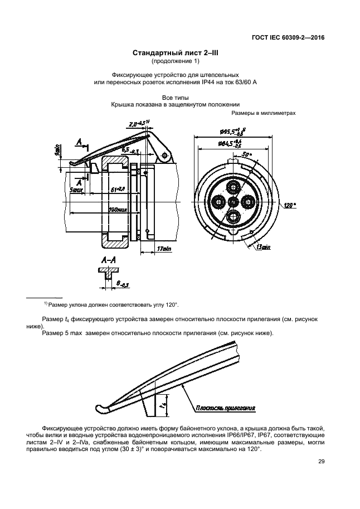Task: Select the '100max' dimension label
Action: (x=118, y=210)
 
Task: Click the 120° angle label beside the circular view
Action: (x=289, y=205)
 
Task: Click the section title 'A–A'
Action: (x=109, y=260)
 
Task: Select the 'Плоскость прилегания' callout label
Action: (x=225, y=408)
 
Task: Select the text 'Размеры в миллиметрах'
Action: (x=262, y=113)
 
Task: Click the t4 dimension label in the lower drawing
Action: (x=162, y=401)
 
